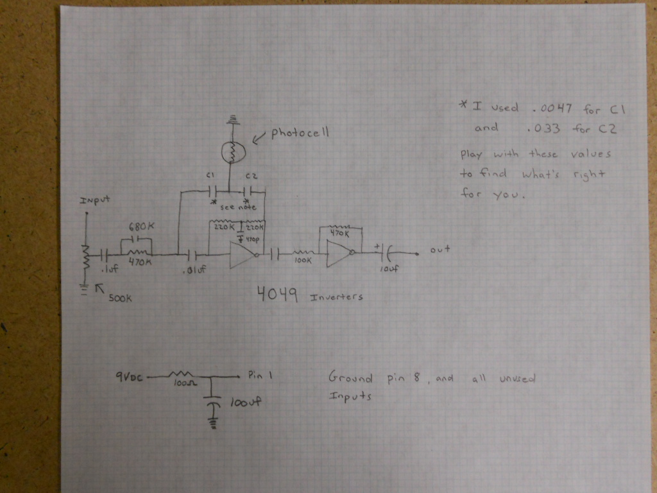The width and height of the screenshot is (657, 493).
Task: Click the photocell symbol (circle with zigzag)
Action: (230, 152)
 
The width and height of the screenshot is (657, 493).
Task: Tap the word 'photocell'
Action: (300, 134)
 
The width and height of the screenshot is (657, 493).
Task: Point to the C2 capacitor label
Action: (251, 176)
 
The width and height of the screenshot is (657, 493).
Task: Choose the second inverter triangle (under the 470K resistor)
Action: (337, 254)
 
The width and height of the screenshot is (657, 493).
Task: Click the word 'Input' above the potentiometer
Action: (95, 200)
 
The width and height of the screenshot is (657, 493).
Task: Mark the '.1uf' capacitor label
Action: (110, 270)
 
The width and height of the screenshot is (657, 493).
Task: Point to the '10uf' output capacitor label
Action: (389, 270)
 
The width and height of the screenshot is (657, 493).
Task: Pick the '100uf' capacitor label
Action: (245, 403)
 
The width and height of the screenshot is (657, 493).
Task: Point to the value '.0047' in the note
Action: (547, 108)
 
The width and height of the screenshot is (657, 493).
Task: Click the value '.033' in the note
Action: (543, 128)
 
